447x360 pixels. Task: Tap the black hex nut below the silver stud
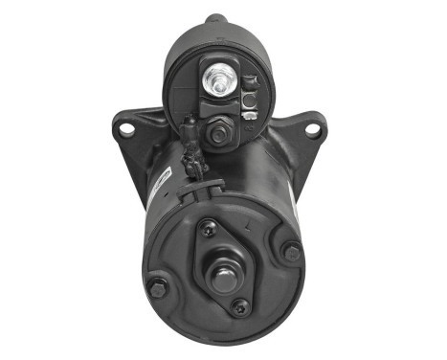pos(218,134)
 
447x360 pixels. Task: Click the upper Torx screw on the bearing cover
pos(207,228)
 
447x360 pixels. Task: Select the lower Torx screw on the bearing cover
pos(240,307)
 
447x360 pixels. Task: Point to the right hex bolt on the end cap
pos(291,253)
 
